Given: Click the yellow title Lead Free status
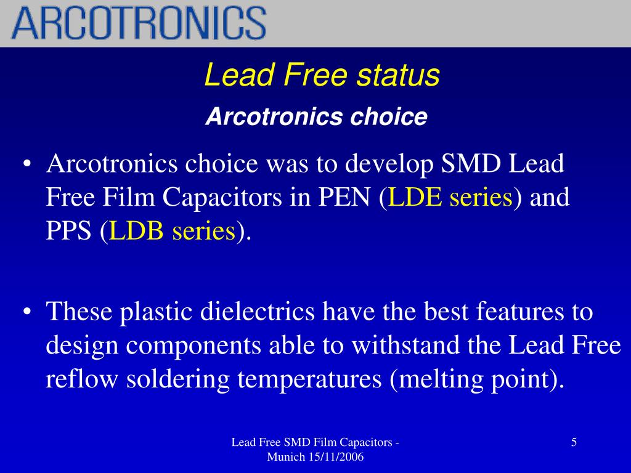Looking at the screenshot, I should [x=322, y=76].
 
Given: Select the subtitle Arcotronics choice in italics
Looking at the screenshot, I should [x=316, y=116].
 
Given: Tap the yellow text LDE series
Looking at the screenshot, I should [x=452, y=198].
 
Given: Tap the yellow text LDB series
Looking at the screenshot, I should [x=173, y=232].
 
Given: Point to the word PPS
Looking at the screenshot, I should [x=69, y=232].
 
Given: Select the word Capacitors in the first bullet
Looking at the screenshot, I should [x=227, y=198].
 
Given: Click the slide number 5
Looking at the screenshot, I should [x=574, y=442].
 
